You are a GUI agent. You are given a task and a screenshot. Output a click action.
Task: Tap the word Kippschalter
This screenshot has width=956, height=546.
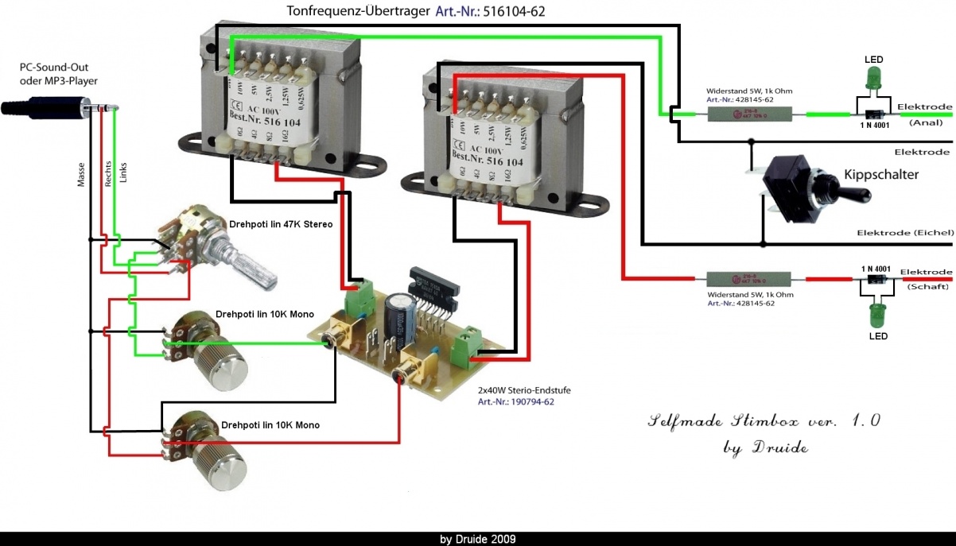(881, 175)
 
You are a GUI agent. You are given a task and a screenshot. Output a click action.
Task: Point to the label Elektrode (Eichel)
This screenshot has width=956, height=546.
(904, 233)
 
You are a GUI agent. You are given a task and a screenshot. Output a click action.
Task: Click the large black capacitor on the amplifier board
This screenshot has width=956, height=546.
(397, 319)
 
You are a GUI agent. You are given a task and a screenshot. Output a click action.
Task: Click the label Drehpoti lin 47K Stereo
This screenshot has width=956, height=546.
(281, 225)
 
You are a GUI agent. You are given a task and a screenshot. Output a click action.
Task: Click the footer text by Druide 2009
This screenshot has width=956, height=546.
(477, 539)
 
